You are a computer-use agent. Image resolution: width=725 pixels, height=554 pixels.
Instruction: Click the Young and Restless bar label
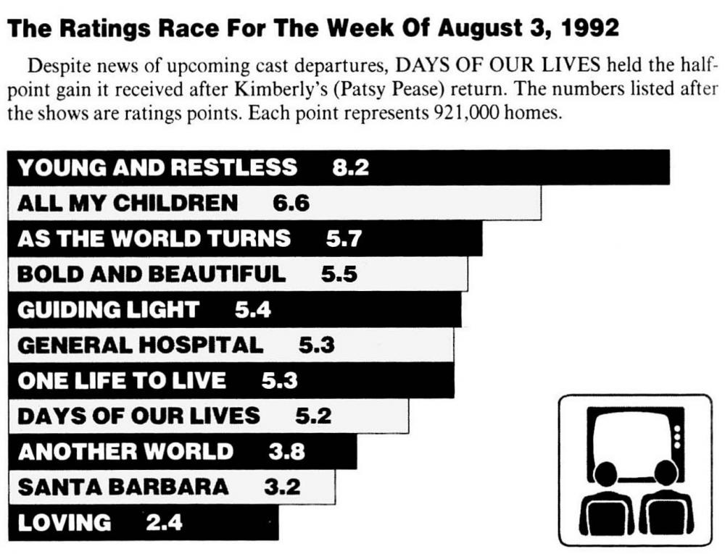[157, 167]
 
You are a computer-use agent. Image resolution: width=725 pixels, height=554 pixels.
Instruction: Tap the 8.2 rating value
[350, 167]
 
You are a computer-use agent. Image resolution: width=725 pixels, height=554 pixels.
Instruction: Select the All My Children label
[128, 203]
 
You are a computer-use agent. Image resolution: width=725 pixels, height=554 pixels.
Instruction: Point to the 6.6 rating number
[291, 203]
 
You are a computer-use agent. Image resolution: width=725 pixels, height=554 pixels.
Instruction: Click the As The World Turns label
[154, 238]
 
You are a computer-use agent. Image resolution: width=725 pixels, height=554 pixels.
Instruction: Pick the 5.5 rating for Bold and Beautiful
[339, 274]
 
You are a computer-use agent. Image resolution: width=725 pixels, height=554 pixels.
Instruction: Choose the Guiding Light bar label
[108, 310]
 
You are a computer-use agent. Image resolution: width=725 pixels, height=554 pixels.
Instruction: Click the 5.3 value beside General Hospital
[317, 345]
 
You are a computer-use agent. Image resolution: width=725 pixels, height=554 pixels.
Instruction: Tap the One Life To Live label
[121, 380]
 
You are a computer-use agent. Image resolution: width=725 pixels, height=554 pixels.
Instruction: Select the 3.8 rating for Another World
[286, 452]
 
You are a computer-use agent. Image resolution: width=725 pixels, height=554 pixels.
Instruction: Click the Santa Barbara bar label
[123, 487]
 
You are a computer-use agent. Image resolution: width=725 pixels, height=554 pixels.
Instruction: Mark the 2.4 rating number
[164, 522]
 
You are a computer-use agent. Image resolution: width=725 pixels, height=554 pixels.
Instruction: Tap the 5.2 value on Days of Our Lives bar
[313, 416]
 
